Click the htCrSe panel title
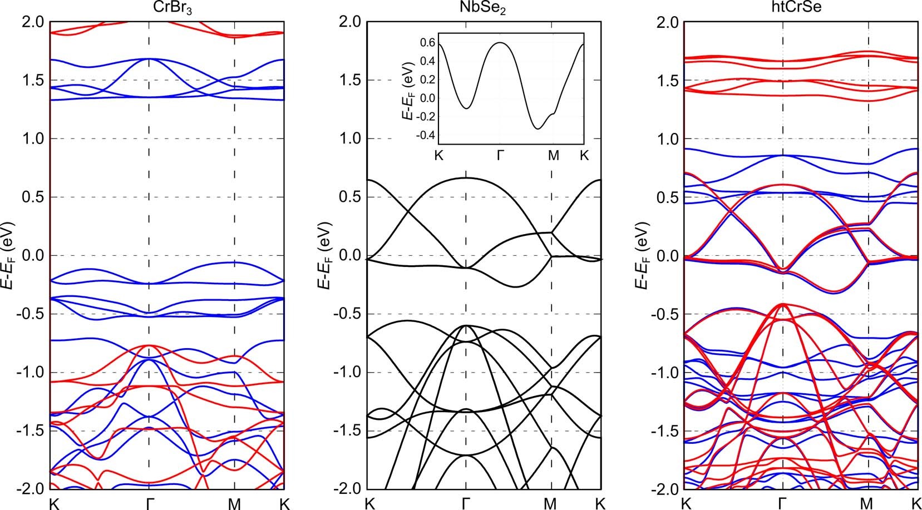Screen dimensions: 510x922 pos(798,9)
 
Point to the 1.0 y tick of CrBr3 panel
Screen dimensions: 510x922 pos(33,138)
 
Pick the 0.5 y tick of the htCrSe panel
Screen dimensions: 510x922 pos(667,197)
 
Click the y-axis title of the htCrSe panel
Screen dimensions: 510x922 pos(643,256)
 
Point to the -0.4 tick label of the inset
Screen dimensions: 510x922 pos(425,136)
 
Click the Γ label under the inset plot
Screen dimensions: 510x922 pos(500,156)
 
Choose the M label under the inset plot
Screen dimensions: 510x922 pos(553,156)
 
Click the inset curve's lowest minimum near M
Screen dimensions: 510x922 pos(538,129)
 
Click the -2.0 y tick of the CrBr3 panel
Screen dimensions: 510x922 pos(33,488)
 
